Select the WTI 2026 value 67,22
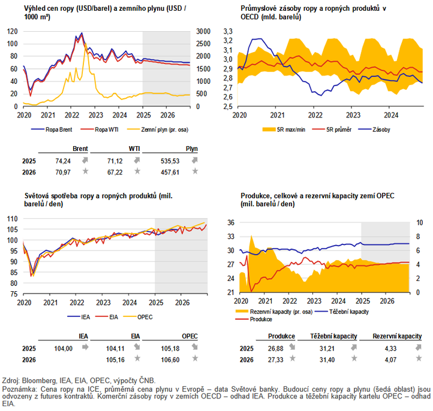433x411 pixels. [119, 172]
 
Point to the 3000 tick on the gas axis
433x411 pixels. [202, 31]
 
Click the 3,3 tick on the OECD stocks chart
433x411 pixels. [227, 31]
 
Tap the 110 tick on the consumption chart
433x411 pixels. [12, 219]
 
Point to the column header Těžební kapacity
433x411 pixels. [335, 337]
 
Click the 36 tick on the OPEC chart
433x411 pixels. [229, 222]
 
